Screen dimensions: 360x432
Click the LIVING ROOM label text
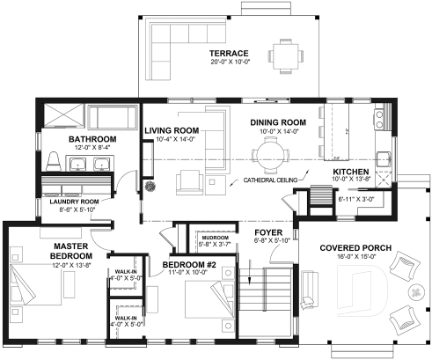(x=172, y=130)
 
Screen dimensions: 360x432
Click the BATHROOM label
(x=93, y=139)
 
